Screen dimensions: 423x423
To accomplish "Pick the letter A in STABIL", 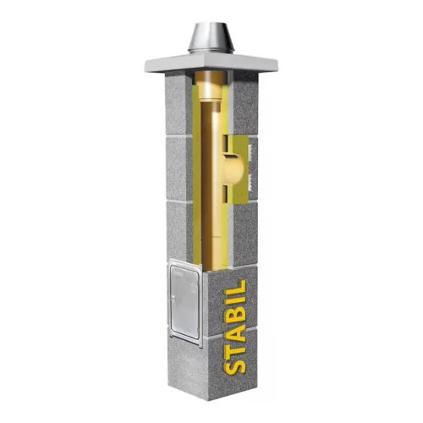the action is [x=234, y=322].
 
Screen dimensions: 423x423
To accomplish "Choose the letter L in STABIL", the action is [x=234, y=277].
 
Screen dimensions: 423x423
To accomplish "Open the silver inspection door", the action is [x=185, y=305].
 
